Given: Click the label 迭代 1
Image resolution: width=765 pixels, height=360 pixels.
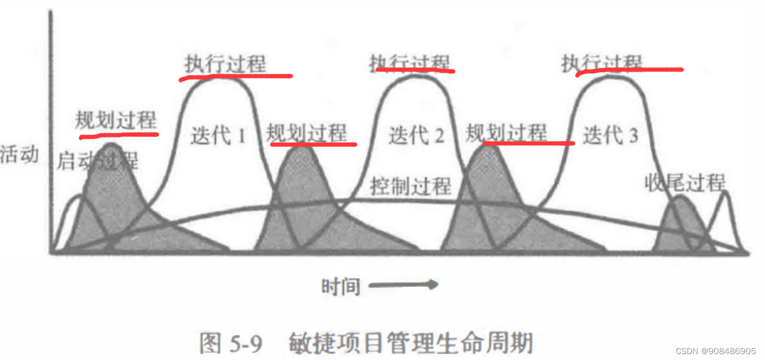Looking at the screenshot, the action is point(218,136).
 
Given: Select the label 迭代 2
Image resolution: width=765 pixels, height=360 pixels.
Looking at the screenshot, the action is point(416,136).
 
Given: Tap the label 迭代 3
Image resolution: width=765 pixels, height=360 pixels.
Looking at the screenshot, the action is point(610,136).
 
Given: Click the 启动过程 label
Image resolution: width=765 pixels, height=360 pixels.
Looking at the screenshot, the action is point(97,161).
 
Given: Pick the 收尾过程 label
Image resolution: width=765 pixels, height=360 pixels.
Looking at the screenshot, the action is point(685,183).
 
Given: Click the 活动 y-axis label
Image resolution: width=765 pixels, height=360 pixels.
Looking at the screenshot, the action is point(19,155).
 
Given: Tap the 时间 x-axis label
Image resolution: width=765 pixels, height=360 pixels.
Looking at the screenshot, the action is point(341,286).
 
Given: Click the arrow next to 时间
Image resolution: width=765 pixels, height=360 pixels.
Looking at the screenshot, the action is point(403,285).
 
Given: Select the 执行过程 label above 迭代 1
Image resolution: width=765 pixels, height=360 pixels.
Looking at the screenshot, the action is point(225,64).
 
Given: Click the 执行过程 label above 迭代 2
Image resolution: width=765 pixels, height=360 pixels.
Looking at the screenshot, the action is point(410,62).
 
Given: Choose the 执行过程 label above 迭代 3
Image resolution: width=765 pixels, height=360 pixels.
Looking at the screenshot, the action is point(602,62).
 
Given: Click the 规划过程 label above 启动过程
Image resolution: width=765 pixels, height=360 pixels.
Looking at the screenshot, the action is point(116,120).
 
